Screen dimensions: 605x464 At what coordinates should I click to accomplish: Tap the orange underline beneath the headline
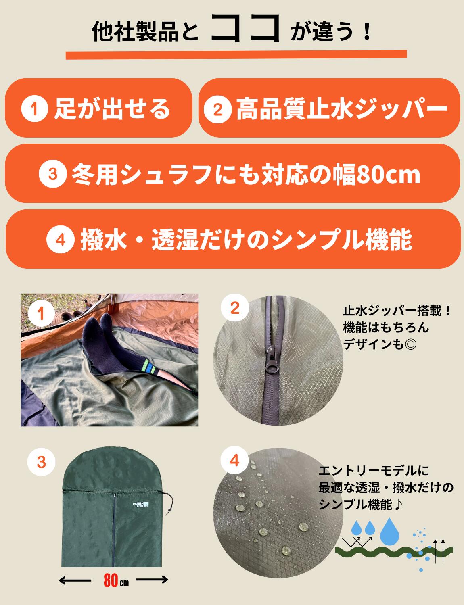tap(236, 55)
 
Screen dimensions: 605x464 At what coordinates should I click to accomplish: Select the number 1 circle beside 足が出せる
tap(36, 109)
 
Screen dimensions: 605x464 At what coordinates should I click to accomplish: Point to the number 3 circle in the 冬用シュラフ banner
tap(52, 174)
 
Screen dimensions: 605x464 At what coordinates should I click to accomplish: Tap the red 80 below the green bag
tap(110, 581)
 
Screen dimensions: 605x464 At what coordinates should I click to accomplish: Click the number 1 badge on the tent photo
tap(42, 313)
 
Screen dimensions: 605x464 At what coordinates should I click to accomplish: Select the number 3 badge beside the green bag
tap(42, 462)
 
